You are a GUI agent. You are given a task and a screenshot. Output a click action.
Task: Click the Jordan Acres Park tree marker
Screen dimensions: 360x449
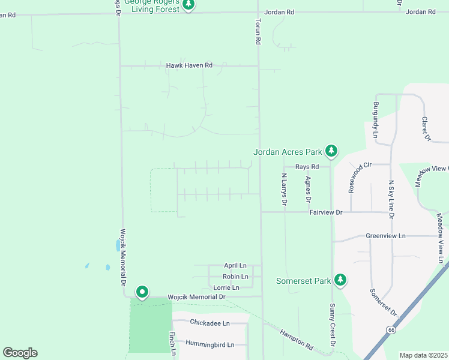(x=331, y=151)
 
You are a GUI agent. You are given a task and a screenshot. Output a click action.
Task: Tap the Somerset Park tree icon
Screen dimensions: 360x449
(x=340, y=280)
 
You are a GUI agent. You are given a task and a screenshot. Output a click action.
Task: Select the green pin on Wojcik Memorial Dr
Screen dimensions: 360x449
(x=142, y=292)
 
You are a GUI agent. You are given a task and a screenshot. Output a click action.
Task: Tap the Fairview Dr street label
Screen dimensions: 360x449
(x=325, y=212)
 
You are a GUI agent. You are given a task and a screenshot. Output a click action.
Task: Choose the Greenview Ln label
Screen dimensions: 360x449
(x=385, y=236)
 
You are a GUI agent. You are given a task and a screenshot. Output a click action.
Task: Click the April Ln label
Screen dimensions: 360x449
(x=235, y=265)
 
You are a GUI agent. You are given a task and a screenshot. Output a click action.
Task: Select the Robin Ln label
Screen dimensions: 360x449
(x=235, y=277)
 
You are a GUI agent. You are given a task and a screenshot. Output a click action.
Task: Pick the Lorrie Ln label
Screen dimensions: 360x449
(x=226, y=287)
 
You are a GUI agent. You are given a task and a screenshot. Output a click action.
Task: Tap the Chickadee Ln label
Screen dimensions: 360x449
(x=209, y=323)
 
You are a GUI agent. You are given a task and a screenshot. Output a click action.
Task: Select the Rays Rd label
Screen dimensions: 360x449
(x=306, y=167)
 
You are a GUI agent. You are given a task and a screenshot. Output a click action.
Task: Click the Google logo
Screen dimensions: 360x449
(x=20, y=353)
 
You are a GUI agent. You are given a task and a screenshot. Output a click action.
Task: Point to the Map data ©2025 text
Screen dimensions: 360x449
(x=423, y=355)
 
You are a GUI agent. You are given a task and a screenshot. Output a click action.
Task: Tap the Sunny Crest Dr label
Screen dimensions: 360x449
(x=331, y=325)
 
